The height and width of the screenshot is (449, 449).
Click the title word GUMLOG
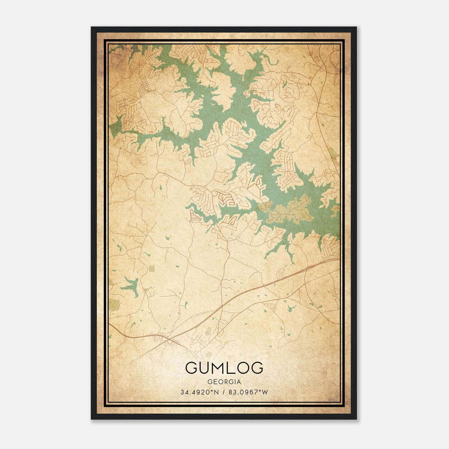coord(224,368)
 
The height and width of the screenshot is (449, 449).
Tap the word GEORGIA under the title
coord(224,382)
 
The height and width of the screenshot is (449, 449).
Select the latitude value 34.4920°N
coord(199,392)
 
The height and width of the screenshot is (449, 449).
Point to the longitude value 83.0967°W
coord(248,392)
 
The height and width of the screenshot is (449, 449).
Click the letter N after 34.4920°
coord(216,392)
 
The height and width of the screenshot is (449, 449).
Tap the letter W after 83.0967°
coord(265,392)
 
